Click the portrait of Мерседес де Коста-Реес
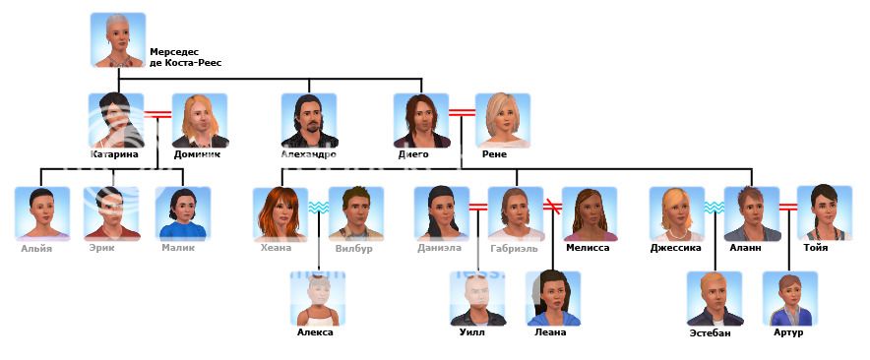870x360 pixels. point(117,40)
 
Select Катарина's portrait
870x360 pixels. point(116,120)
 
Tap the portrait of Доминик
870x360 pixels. point(200,120)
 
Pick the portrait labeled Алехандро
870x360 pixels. point(309,120)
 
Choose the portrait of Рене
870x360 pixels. point(503,120)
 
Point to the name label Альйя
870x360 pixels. point(37,248)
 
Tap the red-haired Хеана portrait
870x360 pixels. point(280,213)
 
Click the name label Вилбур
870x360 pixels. point(355,248)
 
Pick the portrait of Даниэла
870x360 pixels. point(441,213)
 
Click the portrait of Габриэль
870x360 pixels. point(515,213)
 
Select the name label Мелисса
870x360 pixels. point(589,248)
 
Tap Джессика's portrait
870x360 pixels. point(676,213)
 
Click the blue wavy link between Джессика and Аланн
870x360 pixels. point(714,208)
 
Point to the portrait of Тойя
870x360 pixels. point(824,213)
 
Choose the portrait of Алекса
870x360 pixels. point(318,298)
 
